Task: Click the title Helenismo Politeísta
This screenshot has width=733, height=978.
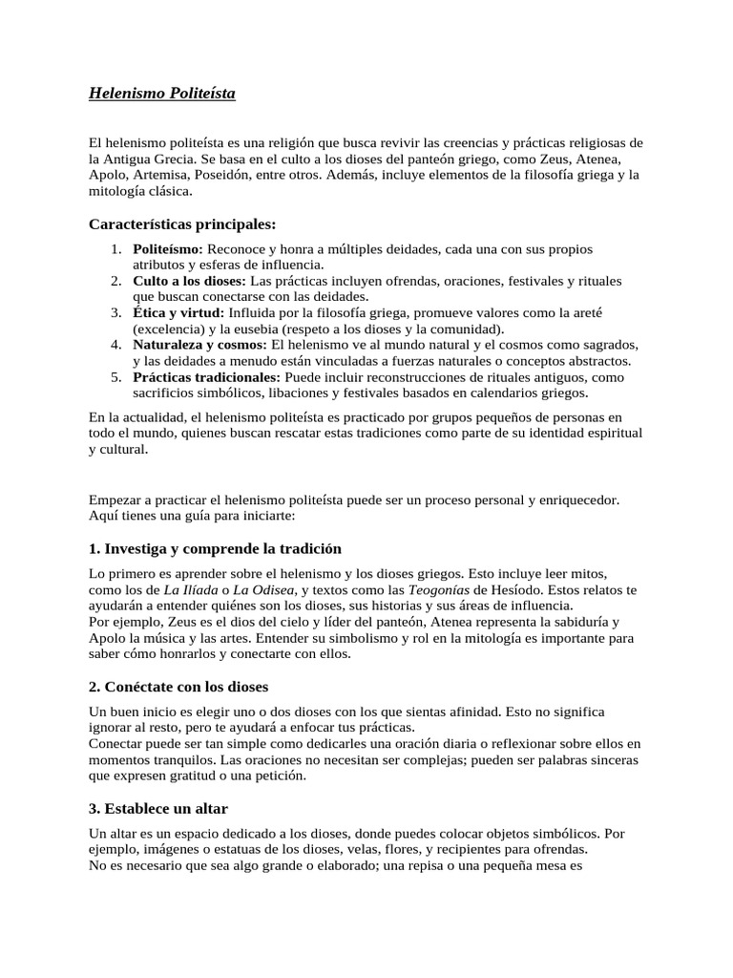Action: coord(161,94)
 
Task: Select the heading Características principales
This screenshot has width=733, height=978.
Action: coord(182,224)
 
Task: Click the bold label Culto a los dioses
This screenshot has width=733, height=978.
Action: coord(189,281)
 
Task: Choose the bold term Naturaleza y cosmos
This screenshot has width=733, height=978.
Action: coord(200,344)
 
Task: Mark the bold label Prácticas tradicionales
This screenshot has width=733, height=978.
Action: coord(206,376)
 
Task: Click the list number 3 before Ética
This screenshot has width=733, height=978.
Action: coord(115,312)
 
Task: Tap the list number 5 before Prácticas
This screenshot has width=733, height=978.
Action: coord(115,376)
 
